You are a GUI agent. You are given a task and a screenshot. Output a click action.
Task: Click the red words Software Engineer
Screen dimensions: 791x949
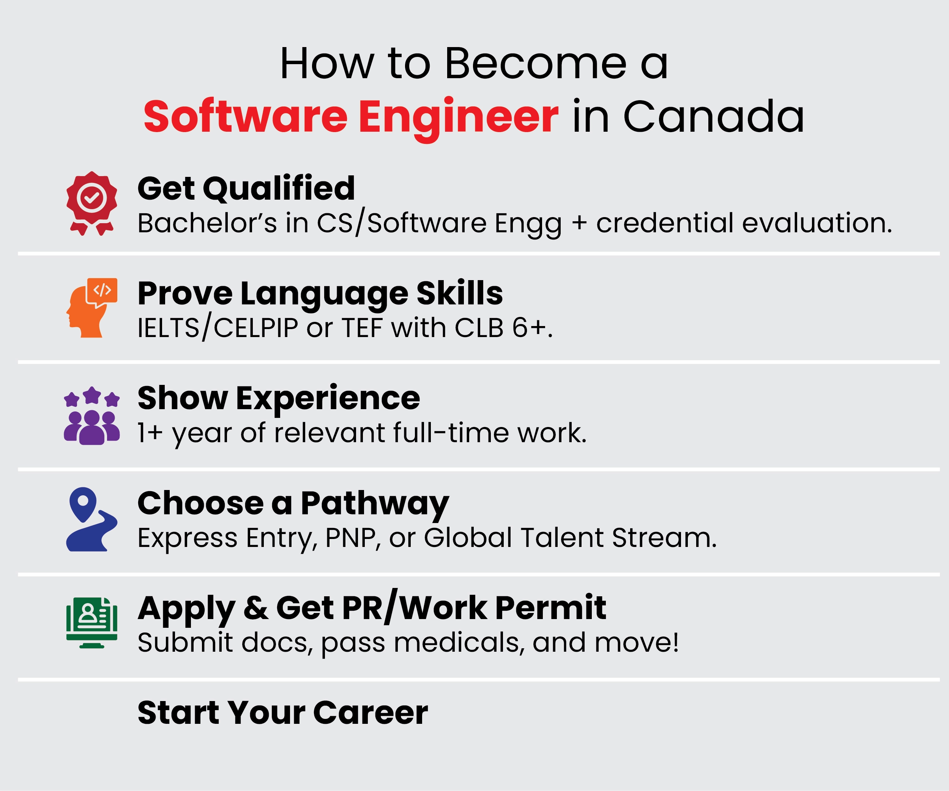(351, 117)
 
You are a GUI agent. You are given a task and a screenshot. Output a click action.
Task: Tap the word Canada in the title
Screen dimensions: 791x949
(714, 117)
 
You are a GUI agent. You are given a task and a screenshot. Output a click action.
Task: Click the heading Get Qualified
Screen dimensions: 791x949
(246, 188)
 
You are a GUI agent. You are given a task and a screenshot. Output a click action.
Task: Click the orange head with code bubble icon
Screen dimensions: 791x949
(92, 308)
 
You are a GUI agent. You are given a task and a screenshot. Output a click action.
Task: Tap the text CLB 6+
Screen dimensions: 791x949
(503, 328)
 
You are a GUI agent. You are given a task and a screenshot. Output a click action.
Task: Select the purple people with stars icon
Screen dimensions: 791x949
(92, 416)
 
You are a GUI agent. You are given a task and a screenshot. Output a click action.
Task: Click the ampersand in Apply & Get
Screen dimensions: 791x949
(256, 608)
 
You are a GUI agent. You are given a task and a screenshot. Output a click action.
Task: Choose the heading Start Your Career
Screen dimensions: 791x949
(282, 713)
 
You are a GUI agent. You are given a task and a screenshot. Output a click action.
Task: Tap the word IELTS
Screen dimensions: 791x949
(168, 328)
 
